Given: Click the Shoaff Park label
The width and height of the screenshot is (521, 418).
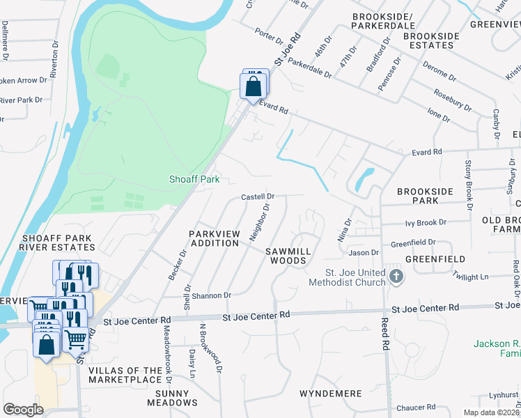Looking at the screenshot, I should pos(194,179).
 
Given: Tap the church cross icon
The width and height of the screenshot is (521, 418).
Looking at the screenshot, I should pos(396,277).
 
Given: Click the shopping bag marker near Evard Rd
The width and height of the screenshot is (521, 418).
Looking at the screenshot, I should pos(254,87).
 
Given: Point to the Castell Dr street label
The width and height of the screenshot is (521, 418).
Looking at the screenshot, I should pos(258,197).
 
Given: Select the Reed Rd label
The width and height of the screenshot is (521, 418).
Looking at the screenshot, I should pos(384,334).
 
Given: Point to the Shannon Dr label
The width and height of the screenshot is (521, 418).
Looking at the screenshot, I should pos(213,295).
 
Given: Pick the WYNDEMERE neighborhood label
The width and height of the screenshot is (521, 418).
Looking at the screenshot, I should pos(330,394).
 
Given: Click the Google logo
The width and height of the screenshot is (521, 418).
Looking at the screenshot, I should pos(23,410).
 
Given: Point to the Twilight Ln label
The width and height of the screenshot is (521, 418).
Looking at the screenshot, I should pos(470,277).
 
